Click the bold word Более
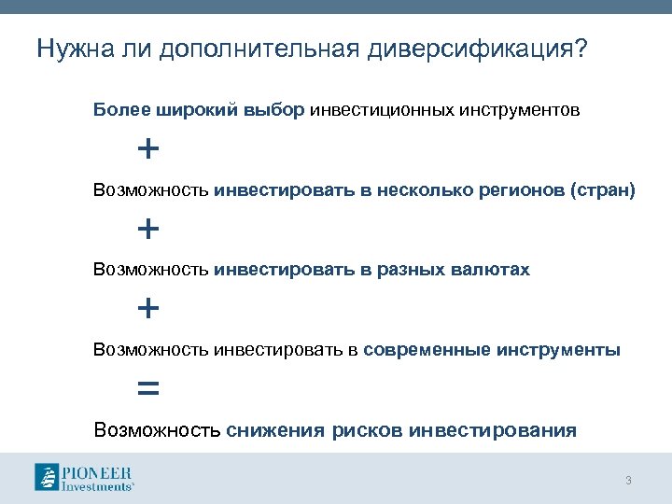(116, 110)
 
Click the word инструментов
(519, 110)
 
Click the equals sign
(147, 388)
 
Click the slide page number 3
(628, 481)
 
